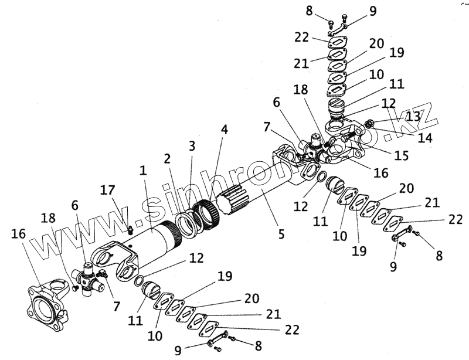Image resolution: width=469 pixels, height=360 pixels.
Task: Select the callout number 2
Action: point(167,158)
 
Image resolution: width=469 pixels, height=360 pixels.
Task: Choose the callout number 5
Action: point(281,234)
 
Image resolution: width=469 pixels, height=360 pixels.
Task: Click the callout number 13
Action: point(414,116)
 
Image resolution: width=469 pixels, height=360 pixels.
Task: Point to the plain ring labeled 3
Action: point(188,224)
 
